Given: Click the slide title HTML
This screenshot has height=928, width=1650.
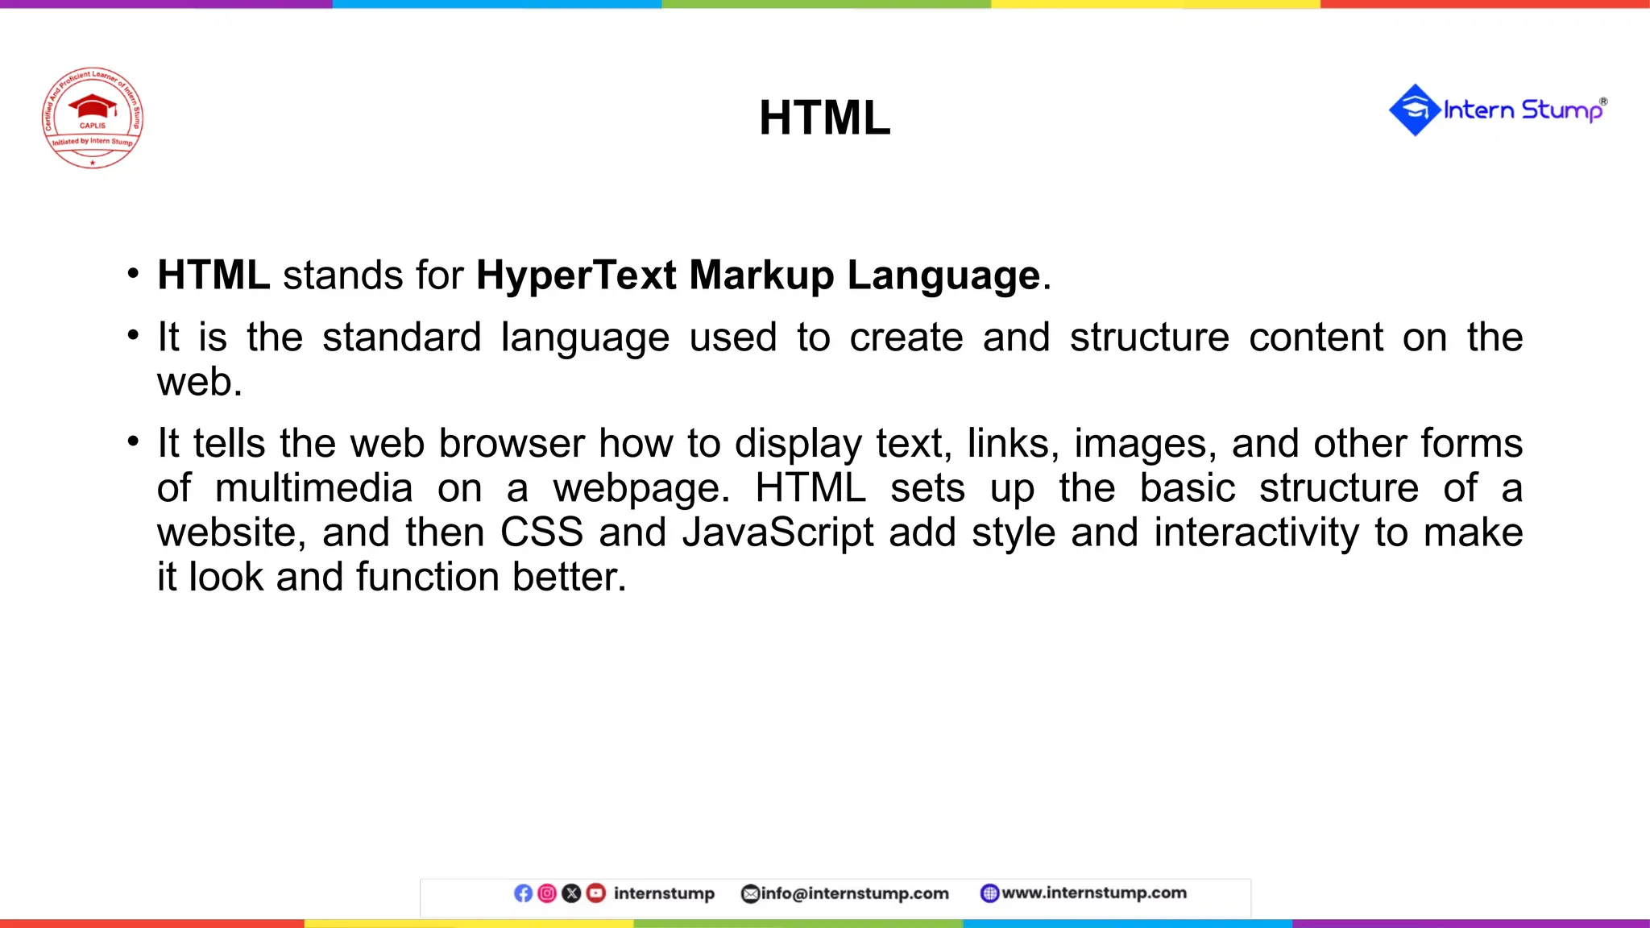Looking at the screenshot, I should click(824, 118).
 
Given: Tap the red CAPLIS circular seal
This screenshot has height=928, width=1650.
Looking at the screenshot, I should click(93, 118).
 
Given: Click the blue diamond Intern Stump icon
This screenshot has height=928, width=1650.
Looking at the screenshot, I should click(1414, 110).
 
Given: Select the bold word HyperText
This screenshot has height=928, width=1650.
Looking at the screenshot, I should click(575, 275).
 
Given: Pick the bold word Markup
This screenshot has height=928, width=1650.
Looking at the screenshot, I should click(761, 275).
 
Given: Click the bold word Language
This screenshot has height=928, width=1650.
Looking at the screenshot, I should click(943, 275).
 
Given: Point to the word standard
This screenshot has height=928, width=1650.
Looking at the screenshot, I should click(401, 337).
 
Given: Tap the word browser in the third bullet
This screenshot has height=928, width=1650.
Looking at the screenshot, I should click(512, 443).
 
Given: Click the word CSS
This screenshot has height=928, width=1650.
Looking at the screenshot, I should click(541, 532).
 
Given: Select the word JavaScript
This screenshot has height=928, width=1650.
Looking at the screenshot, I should click(777, 532).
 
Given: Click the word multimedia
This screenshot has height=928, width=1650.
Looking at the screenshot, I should click(314, 488).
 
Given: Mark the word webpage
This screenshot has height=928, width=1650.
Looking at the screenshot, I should click(641, 488).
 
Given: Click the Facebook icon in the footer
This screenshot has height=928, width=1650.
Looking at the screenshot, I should click(523, 893).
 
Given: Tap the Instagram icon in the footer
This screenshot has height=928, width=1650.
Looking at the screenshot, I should click(547, 893).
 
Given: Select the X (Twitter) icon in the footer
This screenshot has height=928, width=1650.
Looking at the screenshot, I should click(571, 893).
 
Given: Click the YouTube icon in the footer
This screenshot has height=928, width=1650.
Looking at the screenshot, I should click(596, 893).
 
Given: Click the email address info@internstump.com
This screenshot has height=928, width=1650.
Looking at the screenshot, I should click(854, 893).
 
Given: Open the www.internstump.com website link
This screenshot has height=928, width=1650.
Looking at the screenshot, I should click(1093, 893).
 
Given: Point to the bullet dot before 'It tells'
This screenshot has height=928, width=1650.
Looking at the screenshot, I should click(133, 441).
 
